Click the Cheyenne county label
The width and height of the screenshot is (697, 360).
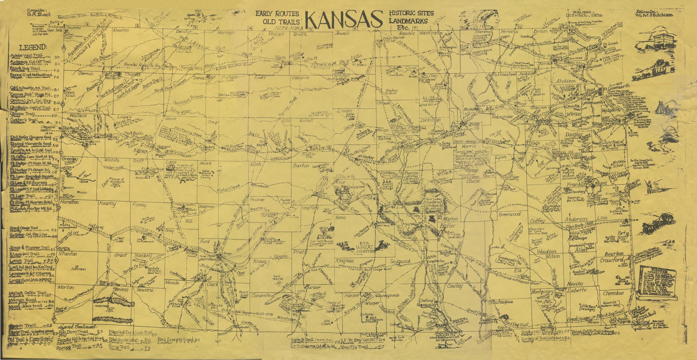(x=73, y=28)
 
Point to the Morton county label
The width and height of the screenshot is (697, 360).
(x=65, y=287)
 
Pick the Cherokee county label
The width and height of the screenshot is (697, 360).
(x=613, y=293)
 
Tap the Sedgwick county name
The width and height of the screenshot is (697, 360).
(x=400, y=261)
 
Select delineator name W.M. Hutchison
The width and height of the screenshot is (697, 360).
(x=655, y=15)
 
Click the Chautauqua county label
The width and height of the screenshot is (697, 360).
(x=501, y=302)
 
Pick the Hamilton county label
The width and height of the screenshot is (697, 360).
(x=70, y=202)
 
